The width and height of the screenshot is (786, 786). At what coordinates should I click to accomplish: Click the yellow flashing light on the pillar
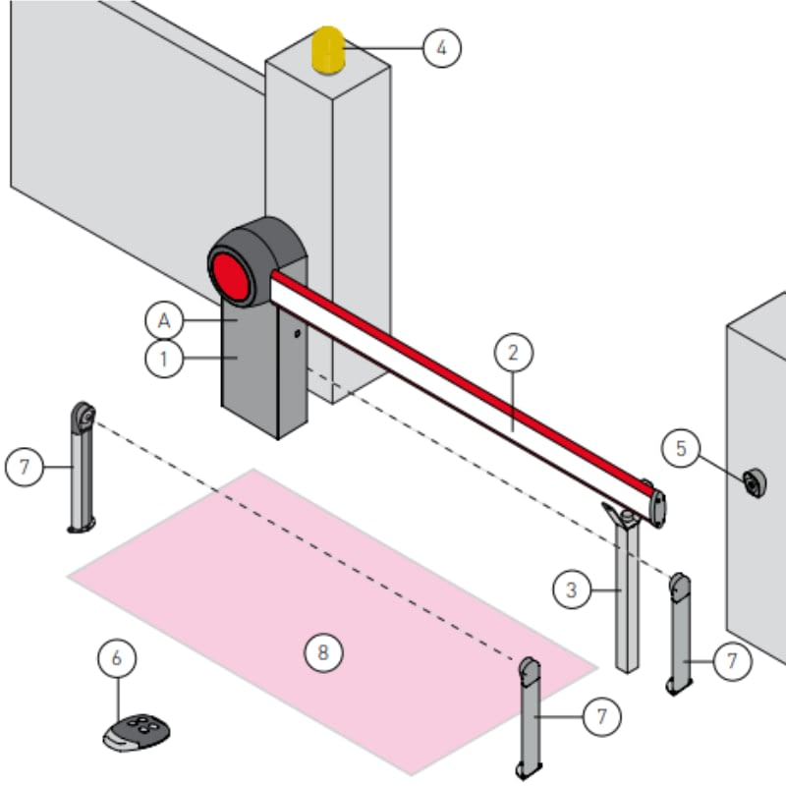tap(327, 50)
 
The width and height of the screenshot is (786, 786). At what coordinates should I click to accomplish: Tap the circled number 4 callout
tap(441, 47)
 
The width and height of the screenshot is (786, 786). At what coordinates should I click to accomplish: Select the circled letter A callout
tap(163, 319)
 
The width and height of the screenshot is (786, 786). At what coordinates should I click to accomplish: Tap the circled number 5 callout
tap(680, 450)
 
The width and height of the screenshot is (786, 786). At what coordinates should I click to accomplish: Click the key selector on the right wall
tap(755, 483)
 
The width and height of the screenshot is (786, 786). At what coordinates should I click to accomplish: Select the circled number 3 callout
tap(572, 590)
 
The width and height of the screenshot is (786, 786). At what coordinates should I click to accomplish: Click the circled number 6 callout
tap(117, 658)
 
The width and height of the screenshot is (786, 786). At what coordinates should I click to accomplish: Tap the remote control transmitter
tap(137, 732)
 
